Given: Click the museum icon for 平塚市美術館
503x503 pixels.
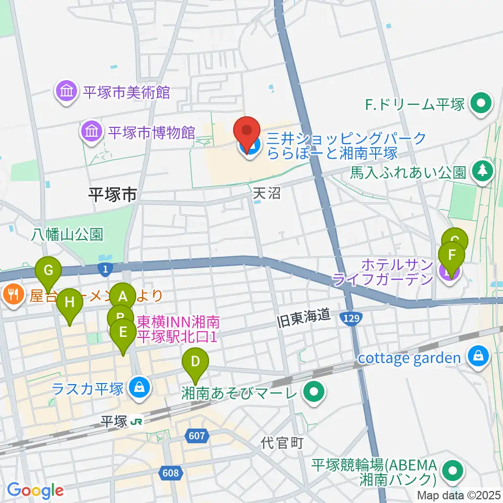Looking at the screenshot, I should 67,93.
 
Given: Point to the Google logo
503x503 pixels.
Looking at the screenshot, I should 35,490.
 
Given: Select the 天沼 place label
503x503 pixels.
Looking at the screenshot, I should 267,193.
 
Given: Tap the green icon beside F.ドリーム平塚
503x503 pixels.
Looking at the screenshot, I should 480,103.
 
